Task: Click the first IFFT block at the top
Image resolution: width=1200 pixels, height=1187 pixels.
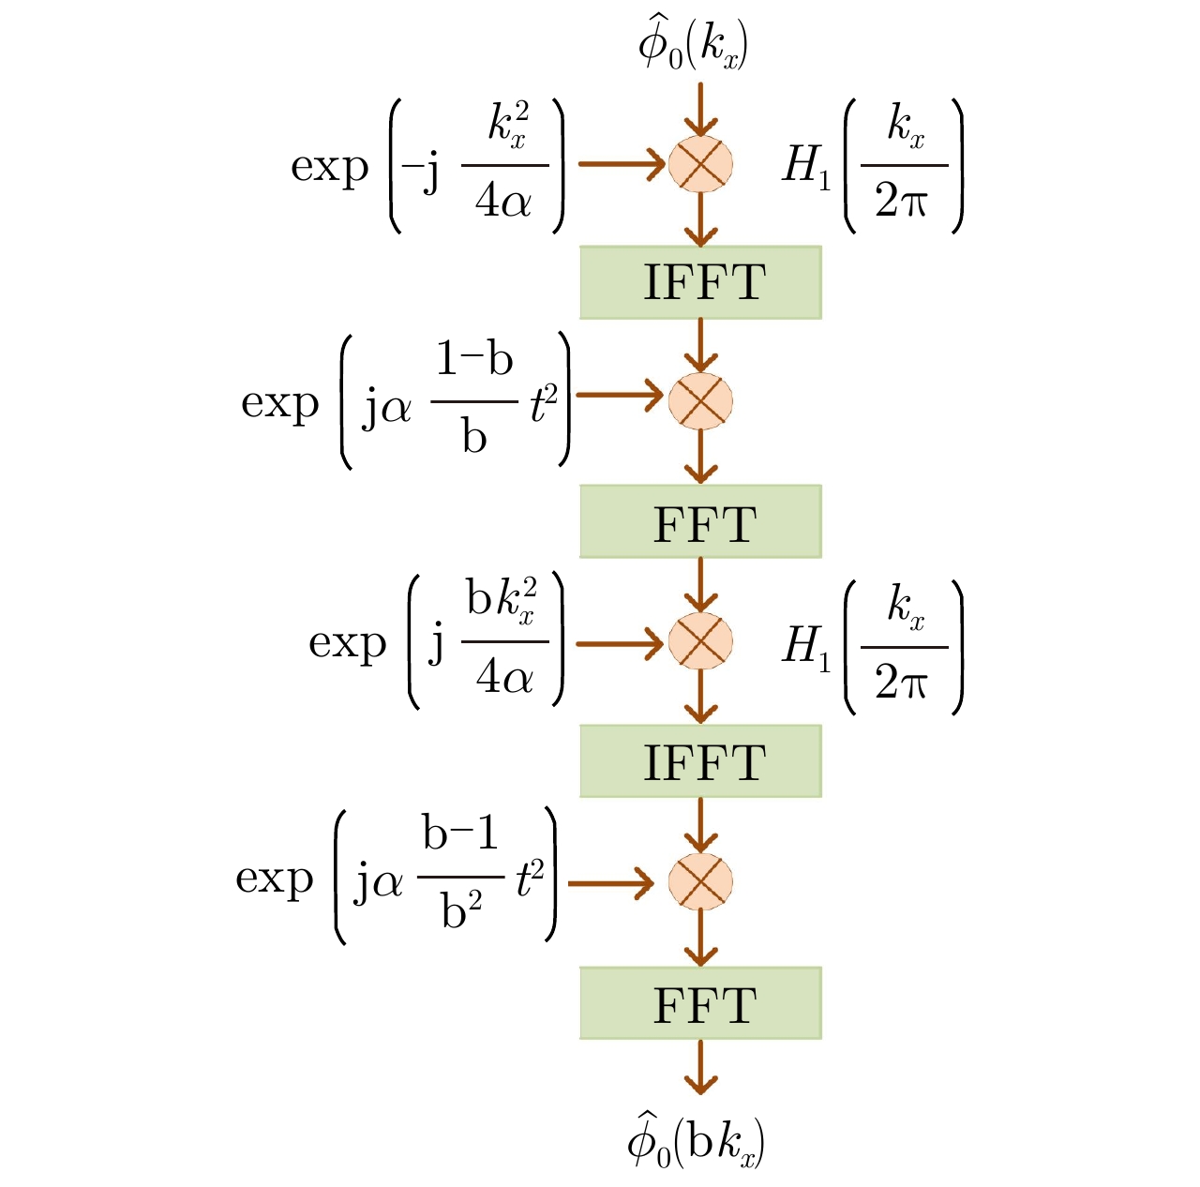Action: tap(700, 282)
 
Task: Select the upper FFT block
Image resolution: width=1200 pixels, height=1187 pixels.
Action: tap(700, 521)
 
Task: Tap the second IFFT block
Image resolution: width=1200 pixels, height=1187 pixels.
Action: tap(700, 760)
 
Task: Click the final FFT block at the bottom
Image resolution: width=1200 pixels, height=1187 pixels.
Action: tap(700, 1003)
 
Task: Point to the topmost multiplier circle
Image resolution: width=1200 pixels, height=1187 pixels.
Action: tap(700, 164)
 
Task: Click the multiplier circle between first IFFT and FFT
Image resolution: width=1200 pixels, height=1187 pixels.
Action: tap(700, 401)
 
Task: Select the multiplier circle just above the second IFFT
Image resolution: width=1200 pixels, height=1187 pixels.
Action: tap(700, 641)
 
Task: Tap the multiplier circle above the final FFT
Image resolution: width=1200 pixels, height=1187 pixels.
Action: tap(700, 881)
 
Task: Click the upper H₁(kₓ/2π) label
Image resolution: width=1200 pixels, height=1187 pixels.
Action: tap(872, 166)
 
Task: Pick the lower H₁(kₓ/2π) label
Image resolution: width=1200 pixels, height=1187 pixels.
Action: tap(872, 647)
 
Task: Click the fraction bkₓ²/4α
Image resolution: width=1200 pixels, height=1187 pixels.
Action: tap(504, 641)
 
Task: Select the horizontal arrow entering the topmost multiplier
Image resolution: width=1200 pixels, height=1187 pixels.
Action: tap(621, 164)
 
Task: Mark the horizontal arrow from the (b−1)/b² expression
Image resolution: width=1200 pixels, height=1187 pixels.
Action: tap(610, 882)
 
